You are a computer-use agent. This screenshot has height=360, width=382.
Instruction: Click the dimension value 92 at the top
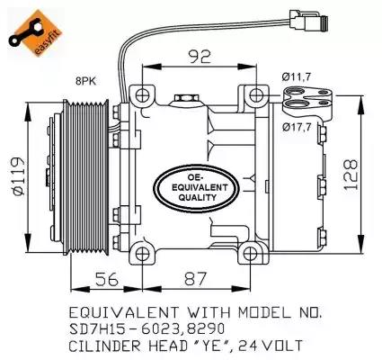pos(200,58)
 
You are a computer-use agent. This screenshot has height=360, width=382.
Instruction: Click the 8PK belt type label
pos(86,82)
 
